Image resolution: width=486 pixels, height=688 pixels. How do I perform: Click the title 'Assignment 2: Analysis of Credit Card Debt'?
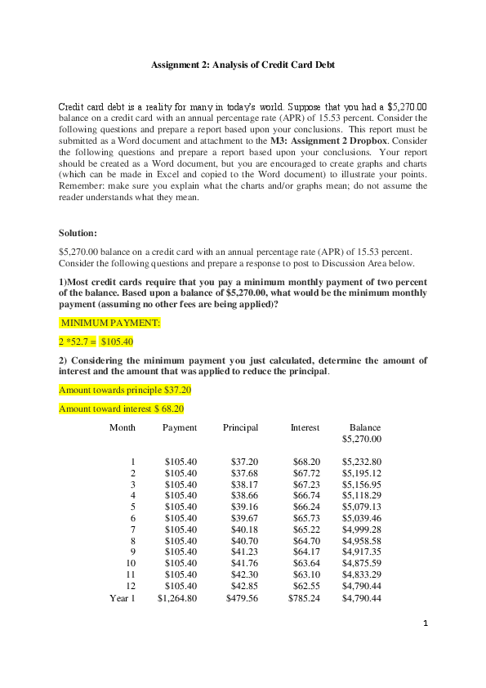[243, 65]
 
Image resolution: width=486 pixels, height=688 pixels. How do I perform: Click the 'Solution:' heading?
[78, 233]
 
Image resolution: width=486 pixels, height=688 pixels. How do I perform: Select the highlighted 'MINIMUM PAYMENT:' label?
[110, 323]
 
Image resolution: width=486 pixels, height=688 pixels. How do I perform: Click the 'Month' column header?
[123, 427]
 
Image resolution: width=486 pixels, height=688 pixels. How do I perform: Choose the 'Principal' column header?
[240, 427]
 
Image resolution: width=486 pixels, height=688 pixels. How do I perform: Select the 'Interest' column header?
[305, 427]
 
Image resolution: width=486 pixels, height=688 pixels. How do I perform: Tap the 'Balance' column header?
[365, 427]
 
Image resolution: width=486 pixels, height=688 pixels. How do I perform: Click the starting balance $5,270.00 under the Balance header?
[362, 439]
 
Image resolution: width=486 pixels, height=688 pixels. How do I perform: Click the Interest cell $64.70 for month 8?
[306, 541]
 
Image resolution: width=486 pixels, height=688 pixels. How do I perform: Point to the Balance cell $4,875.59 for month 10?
[362, 563]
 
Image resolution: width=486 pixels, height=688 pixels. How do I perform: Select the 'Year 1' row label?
[123, 598]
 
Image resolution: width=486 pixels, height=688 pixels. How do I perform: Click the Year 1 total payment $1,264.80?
[177, 598]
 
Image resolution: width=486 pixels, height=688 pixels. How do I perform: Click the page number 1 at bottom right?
[426, 625]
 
